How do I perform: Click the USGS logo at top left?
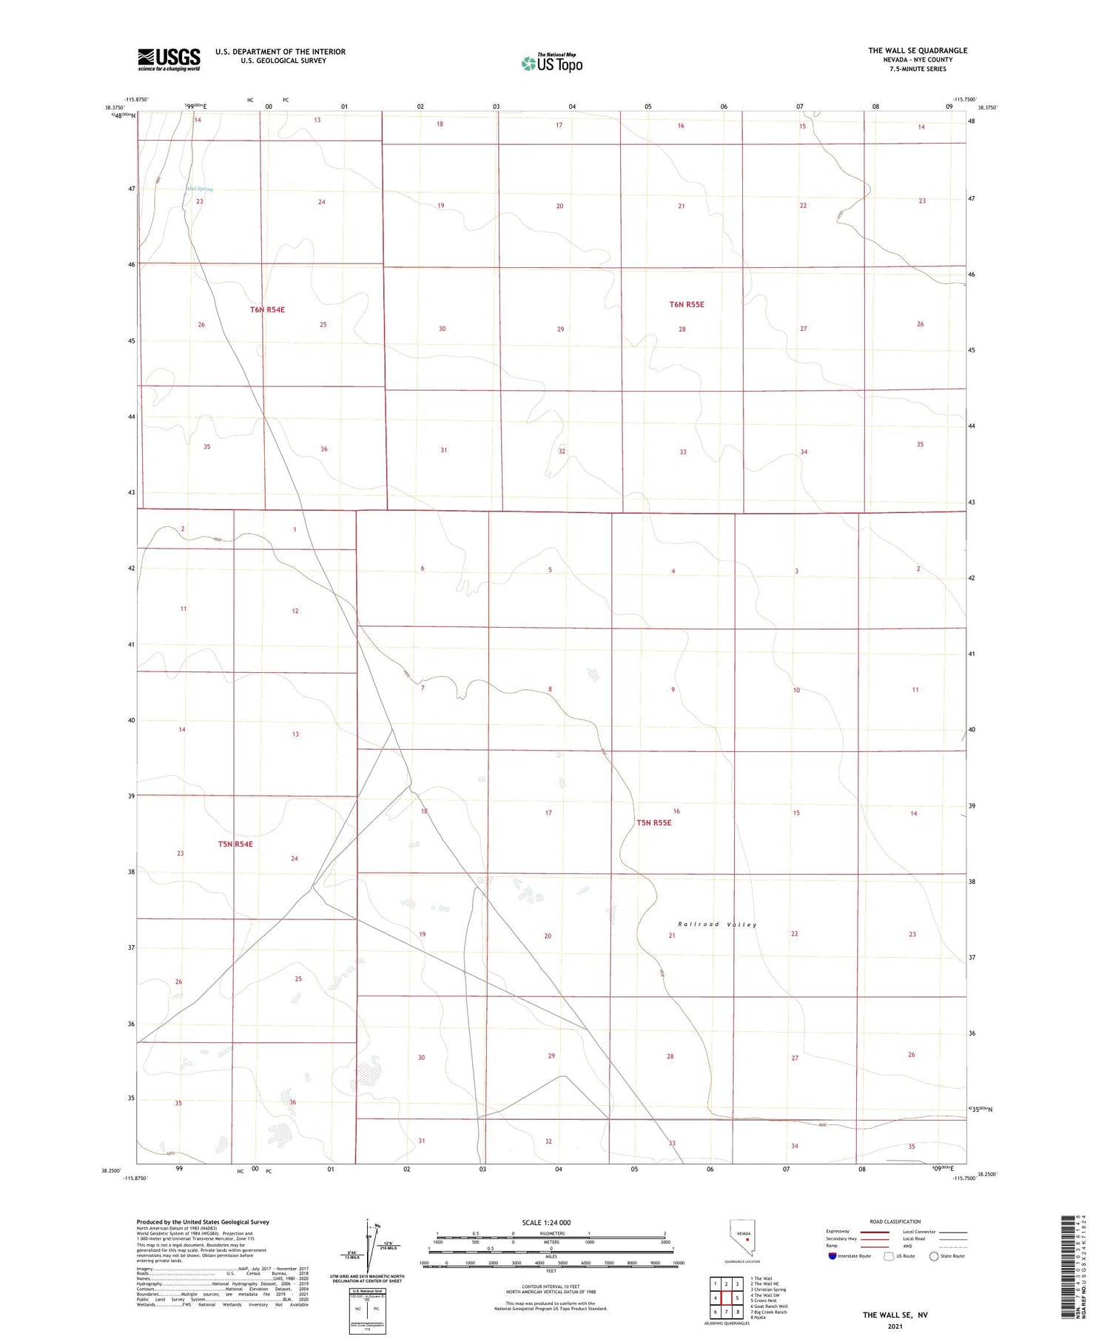click(x=169, y=59)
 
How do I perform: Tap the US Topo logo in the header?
click(x=551, y=64)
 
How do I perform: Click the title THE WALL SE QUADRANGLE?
click(x=918, y=50)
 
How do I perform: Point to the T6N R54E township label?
click(x=267, y=309)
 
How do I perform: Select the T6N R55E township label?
click(x=687, y=304)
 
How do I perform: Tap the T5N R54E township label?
click(x=235, y=844)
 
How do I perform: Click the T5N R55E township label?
click(x=654, y=822)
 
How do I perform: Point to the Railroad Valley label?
click(x=717, y=925)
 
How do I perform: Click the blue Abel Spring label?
click(x=199, y=189)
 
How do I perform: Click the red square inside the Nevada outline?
click(x=747, y=1239)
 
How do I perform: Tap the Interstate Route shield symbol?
click(x=832, y=1255)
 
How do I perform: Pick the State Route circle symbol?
click(x=934, y=1255)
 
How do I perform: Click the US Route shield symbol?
click(x=889, y=1255)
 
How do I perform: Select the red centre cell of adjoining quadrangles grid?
click(x=727, y=1298)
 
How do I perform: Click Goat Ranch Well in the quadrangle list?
click(x=769, y=1306)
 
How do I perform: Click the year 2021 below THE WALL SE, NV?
click(x=895, y=1326)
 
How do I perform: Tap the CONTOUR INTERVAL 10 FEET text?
click(x=551, y=1286)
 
